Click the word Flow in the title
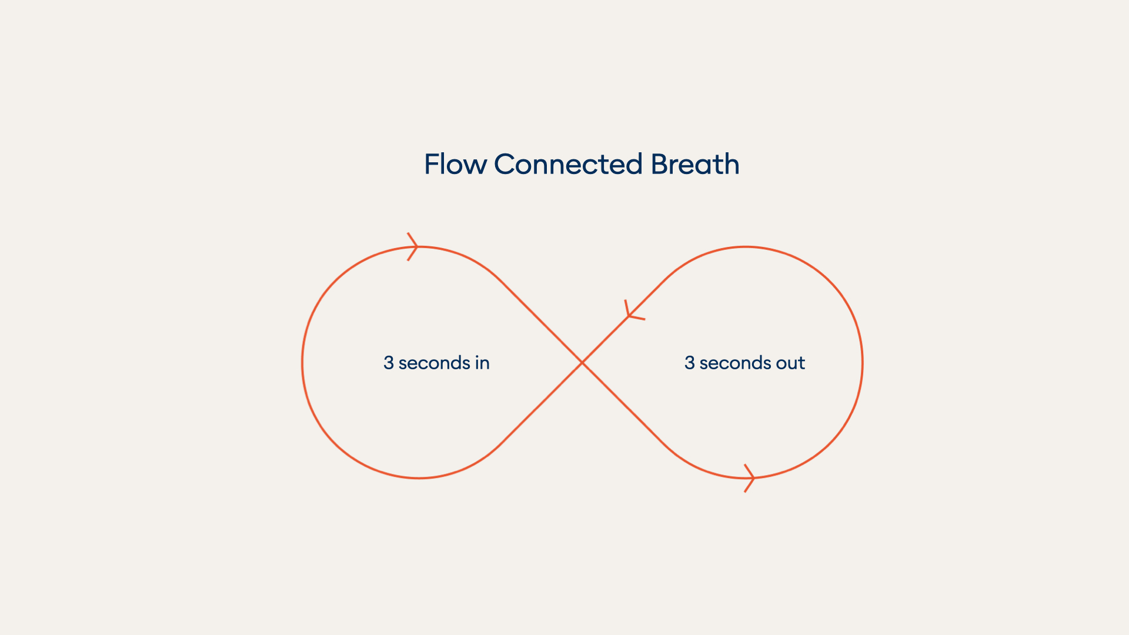point(455,164)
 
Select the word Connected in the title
point(568,164)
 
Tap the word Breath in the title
point(695,164)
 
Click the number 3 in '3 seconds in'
point(388,363)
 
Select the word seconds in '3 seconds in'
point(434,363)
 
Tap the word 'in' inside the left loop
point(482,363)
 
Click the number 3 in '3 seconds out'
point(689,363)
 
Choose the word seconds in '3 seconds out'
point(735,363)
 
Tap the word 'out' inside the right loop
point(790,363)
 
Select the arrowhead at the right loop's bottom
point(750,478)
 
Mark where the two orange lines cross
point(582,363)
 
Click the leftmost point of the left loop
point(302,363)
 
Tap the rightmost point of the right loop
point(862,363)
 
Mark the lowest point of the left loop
point(419,478)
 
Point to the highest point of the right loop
point(746,247)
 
